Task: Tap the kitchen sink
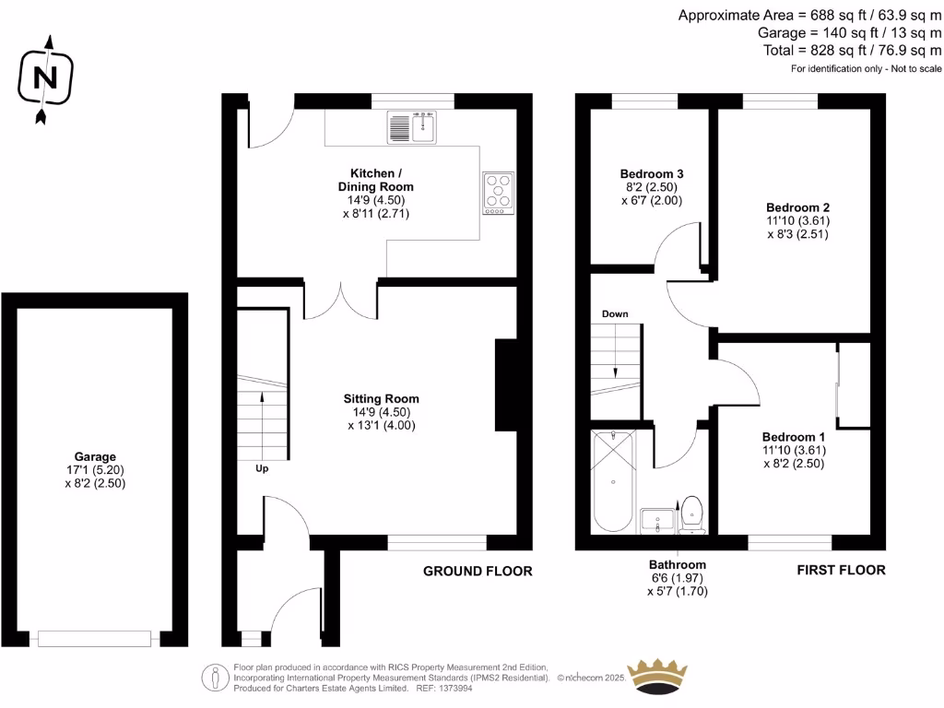(411, 127)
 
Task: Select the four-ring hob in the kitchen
(498, 194)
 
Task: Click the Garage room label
(95, 456)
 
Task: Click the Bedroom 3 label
(651, 173)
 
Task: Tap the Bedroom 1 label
(793, 436)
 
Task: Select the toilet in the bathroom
(691, 513)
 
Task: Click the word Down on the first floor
(615, 314)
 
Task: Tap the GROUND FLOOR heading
(478, 571)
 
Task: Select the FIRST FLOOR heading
(841, 570)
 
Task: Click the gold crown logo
(658, 676)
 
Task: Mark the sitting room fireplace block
(506, 384)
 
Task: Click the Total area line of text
(853, 51)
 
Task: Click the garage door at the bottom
(94, 637)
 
